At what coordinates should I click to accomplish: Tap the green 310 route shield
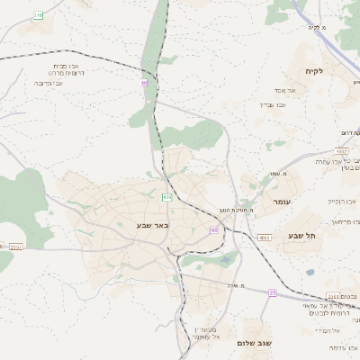tap(38, 15)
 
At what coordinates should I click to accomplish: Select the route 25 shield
tap(272, 292)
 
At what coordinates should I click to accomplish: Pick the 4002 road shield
tap(341, 151)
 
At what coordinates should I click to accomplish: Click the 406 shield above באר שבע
tap(166, 196)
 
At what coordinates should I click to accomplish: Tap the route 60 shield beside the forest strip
tap(143, 83)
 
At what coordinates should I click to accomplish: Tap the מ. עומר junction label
tap(277, 173)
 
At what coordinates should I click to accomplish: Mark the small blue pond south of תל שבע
tap(310, 271)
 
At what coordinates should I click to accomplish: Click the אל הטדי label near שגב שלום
tap(324, 330)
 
